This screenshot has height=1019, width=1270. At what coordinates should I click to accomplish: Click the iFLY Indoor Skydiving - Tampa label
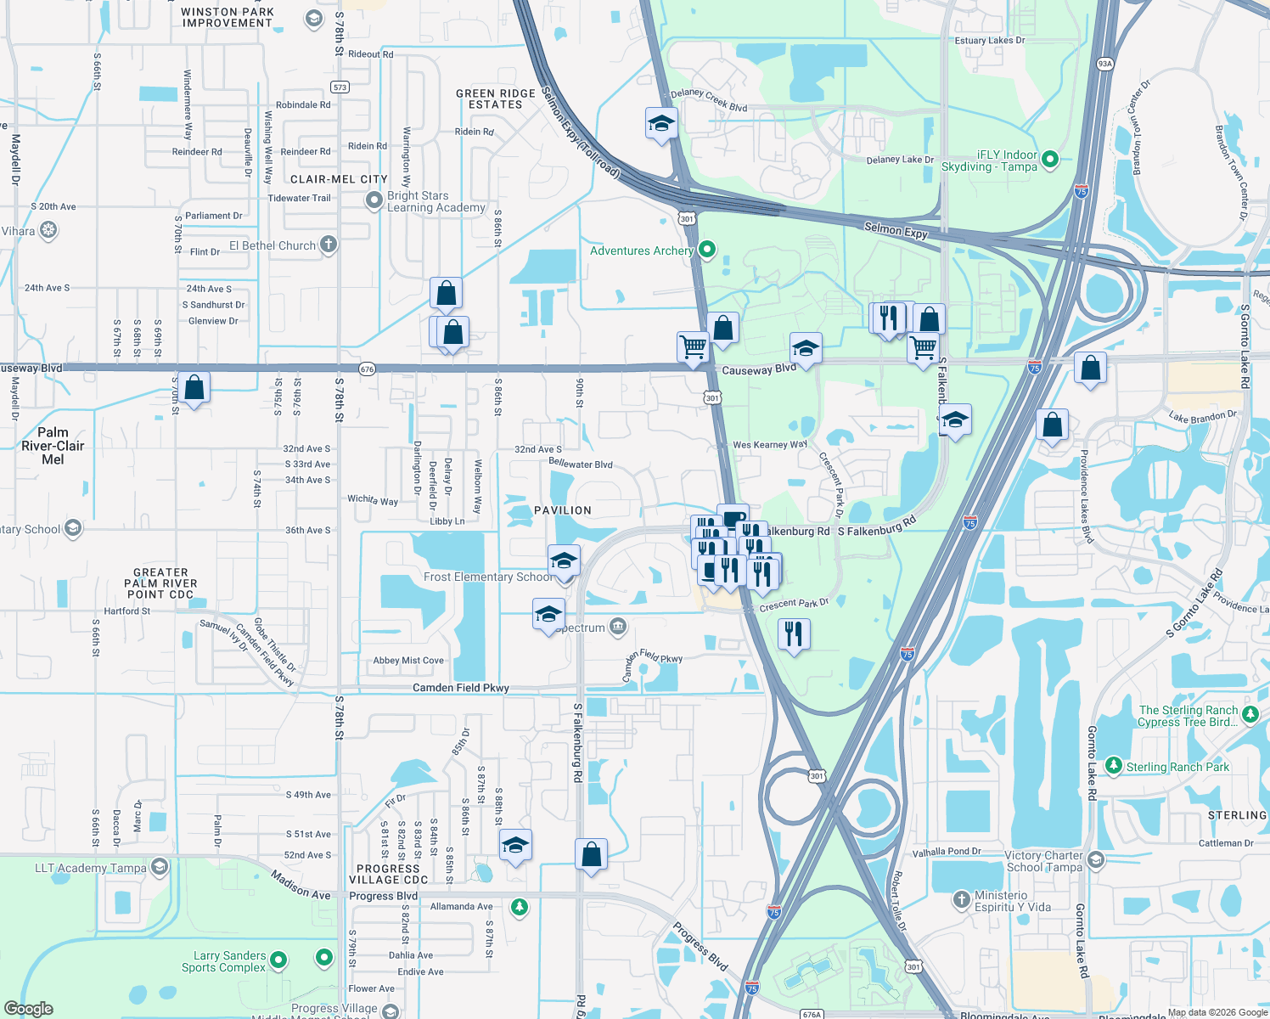coord(989,160)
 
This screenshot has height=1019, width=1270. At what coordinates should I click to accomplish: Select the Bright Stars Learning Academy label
coord(436,201)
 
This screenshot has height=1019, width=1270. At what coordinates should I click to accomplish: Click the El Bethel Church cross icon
coord(329,245)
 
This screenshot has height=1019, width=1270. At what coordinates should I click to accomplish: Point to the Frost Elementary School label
coord(488,577)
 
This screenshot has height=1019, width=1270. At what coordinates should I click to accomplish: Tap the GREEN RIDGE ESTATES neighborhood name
coord(496,99)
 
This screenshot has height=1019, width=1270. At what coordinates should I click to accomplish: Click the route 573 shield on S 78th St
coord(340,87)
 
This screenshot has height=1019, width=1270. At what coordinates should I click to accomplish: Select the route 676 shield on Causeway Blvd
coord(367,369)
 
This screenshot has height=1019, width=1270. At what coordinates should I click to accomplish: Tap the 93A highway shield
coord(1104,64)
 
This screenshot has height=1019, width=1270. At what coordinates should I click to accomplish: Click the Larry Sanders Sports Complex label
coord(224,961)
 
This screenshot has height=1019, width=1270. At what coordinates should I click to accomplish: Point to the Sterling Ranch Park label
coord(1177,767)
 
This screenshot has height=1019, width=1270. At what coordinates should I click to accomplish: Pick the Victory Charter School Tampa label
coord(1044,861)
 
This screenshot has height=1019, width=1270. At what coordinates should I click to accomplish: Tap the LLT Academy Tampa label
coord(91,868)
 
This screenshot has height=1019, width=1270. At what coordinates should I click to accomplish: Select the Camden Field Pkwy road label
coord(461,688)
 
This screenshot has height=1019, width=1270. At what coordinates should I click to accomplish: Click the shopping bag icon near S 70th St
coord(194,388)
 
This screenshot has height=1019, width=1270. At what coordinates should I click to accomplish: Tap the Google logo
coord(29,1008)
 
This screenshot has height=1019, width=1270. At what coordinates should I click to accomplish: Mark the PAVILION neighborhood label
coord(563,510)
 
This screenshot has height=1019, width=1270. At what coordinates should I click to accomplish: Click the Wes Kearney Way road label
coord(770,444)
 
